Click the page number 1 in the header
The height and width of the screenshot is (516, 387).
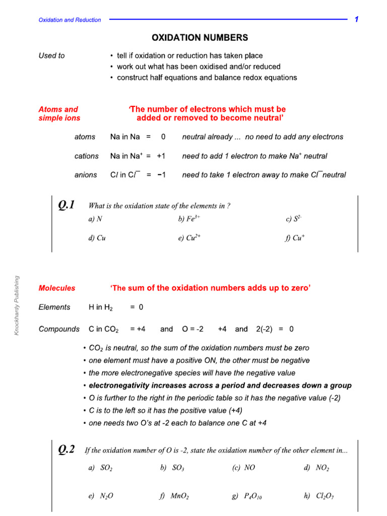tap(356, 20)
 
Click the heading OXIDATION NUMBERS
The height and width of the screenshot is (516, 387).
tap(193, 38)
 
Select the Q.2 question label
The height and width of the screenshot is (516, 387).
tap(67, 450)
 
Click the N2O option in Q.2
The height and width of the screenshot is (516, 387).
tap(101, 496)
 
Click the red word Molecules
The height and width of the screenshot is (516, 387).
tap(57, 288)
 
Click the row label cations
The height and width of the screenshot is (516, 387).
tap(87, 156)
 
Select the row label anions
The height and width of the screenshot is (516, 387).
tap(86, 175)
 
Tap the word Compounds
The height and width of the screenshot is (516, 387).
tap(59, 329)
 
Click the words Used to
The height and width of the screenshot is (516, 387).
tap(51, 56)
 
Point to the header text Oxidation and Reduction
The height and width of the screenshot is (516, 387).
tap(70, 20)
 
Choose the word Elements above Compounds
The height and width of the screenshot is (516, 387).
tap(54, 307)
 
